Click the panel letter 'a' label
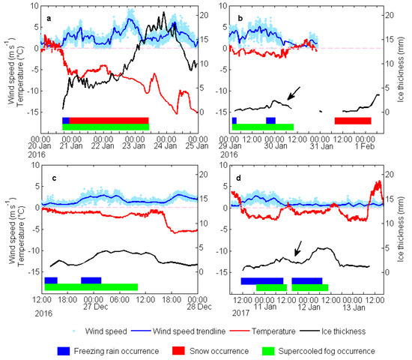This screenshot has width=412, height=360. [49, 19]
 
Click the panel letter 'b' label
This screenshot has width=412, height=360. [240, 18]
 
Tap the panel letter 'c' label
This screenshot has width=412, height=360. [54, 178]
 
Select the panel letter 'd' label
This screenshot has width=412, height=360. [238, 178]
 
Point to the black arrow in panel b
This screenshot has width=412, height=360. [294, 94]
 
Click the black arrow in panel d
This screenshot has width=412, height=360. [298, 249]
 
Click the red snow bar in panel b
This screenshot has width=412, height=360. [353, 121]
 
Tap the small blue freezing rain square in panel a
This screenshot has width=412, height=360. [66, 121]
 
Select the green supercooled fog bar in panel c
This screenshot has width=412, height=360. [91, 287]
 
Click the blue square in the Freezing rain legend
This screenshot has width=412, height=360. [64, 351]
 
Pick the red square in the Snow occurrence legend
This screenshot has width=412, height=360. [178, 351]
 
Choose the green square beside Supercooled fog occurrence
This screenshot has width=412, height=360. [268, 351]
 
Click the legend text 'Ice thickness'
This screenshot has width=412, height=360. [343, 331]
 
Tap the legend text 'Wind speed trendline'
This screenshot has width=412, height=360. [189, 331]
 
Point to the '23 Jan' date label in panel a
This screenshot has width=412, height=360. [134, 146]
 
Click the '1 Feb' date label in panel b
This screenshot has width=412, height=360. [365, 146]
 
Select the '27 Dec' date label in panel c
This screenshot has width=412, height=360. [96, 307]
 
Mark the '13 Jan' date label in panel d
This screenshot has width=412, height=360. [354, 307]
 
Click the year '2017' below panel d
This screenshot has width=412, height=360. [240, 313]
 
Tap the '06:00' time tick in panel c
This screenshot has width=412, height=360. [120, 300]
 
